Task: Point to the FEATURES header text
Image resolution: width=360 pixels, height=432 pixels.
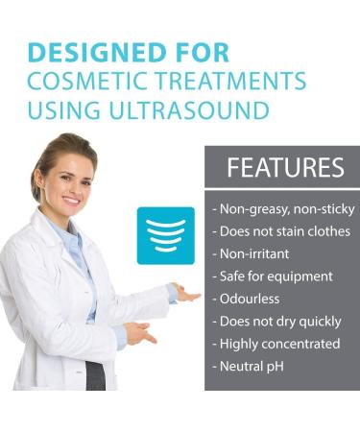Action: click(285, 168)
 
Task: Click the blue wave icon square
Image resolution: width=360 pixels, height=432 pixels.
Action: click(165, 235)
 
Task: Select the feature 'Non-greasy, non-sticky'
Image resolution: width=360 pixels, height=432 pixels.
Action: click(283, 209)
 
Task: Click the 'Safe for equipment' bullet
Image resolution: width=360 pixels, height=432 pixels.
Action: click(272, 276)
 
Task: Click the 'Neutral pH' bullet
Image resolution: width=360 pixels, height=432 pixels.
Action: click(252, 366)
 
